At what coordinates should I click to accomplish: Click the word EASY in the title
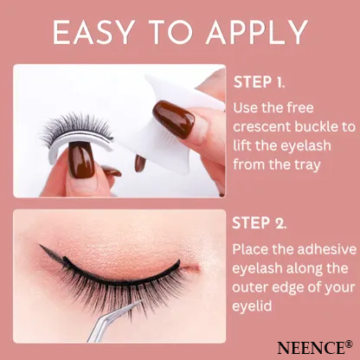tap(93, 33)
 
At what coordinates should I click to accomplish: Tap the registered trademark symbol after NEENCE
tap(349, 342)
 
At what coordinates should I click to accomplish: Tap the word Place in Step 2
tap(251, 248)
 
